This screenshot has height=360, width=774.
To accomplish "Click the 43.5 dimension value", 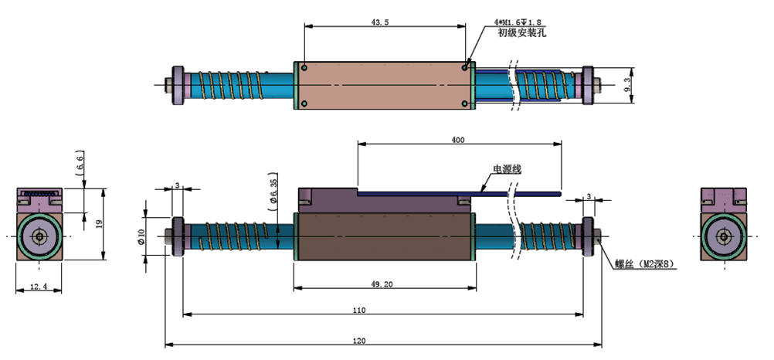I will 380,22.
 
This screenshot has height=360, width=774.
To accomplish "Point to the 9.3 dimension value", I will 627,84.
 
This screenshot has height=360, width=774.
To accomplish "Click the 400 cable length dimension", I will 458,140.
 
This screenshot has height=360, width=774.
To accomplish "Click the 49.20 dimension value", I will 382,284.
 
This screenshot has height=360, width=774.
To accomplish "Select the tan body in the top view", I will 385,85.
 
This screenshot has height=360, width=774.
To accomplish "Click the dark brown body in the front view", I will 385,238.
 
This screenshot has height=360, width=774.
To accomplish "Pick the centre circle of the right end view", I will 724,236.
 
